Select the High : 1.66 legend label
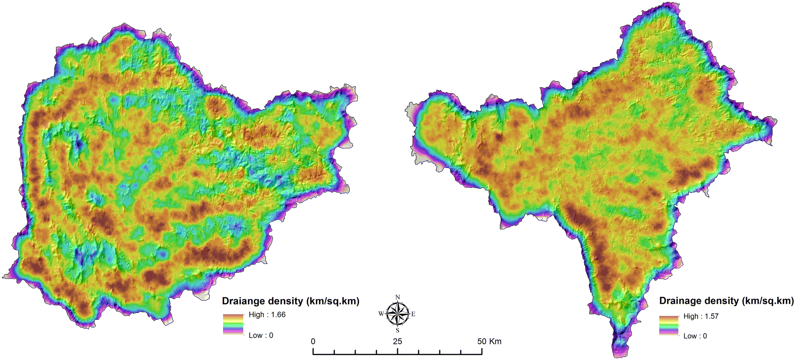pyautogui.click(x=267, y=315)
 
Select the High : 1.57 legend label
pyautogui.click(x=701, y=316)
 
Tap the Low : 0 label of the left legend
pyautogui.click(x=261, y=335)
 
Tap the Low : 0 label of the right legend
pyautogui.click(x=695, y=336)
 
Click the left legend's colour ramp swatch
pyautogui.click(x=233, y=324)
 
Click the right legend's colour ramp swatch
pyautogui.click(x=669, y=326)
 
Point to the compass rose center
pyautogui.click(x=397, y=314)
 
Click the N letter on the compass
pyautogui.click(x=397, y=297)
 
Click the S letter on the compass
pyautogui.click(x=397, y=331)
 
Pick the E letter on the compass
pyautogui.click(x=413, y=314)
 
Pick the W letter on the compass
pyautogui.click(x=381, y=314)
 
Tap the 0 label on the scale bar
pyautogui.click(x=313, y=341)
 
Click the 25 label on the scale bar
pyautogui.click(x=397, y=341)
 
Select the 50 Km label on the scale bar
pyautogui.click(x=489, y=341)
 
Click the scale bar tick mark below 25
pyautogui.click(x=397, y=351)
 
